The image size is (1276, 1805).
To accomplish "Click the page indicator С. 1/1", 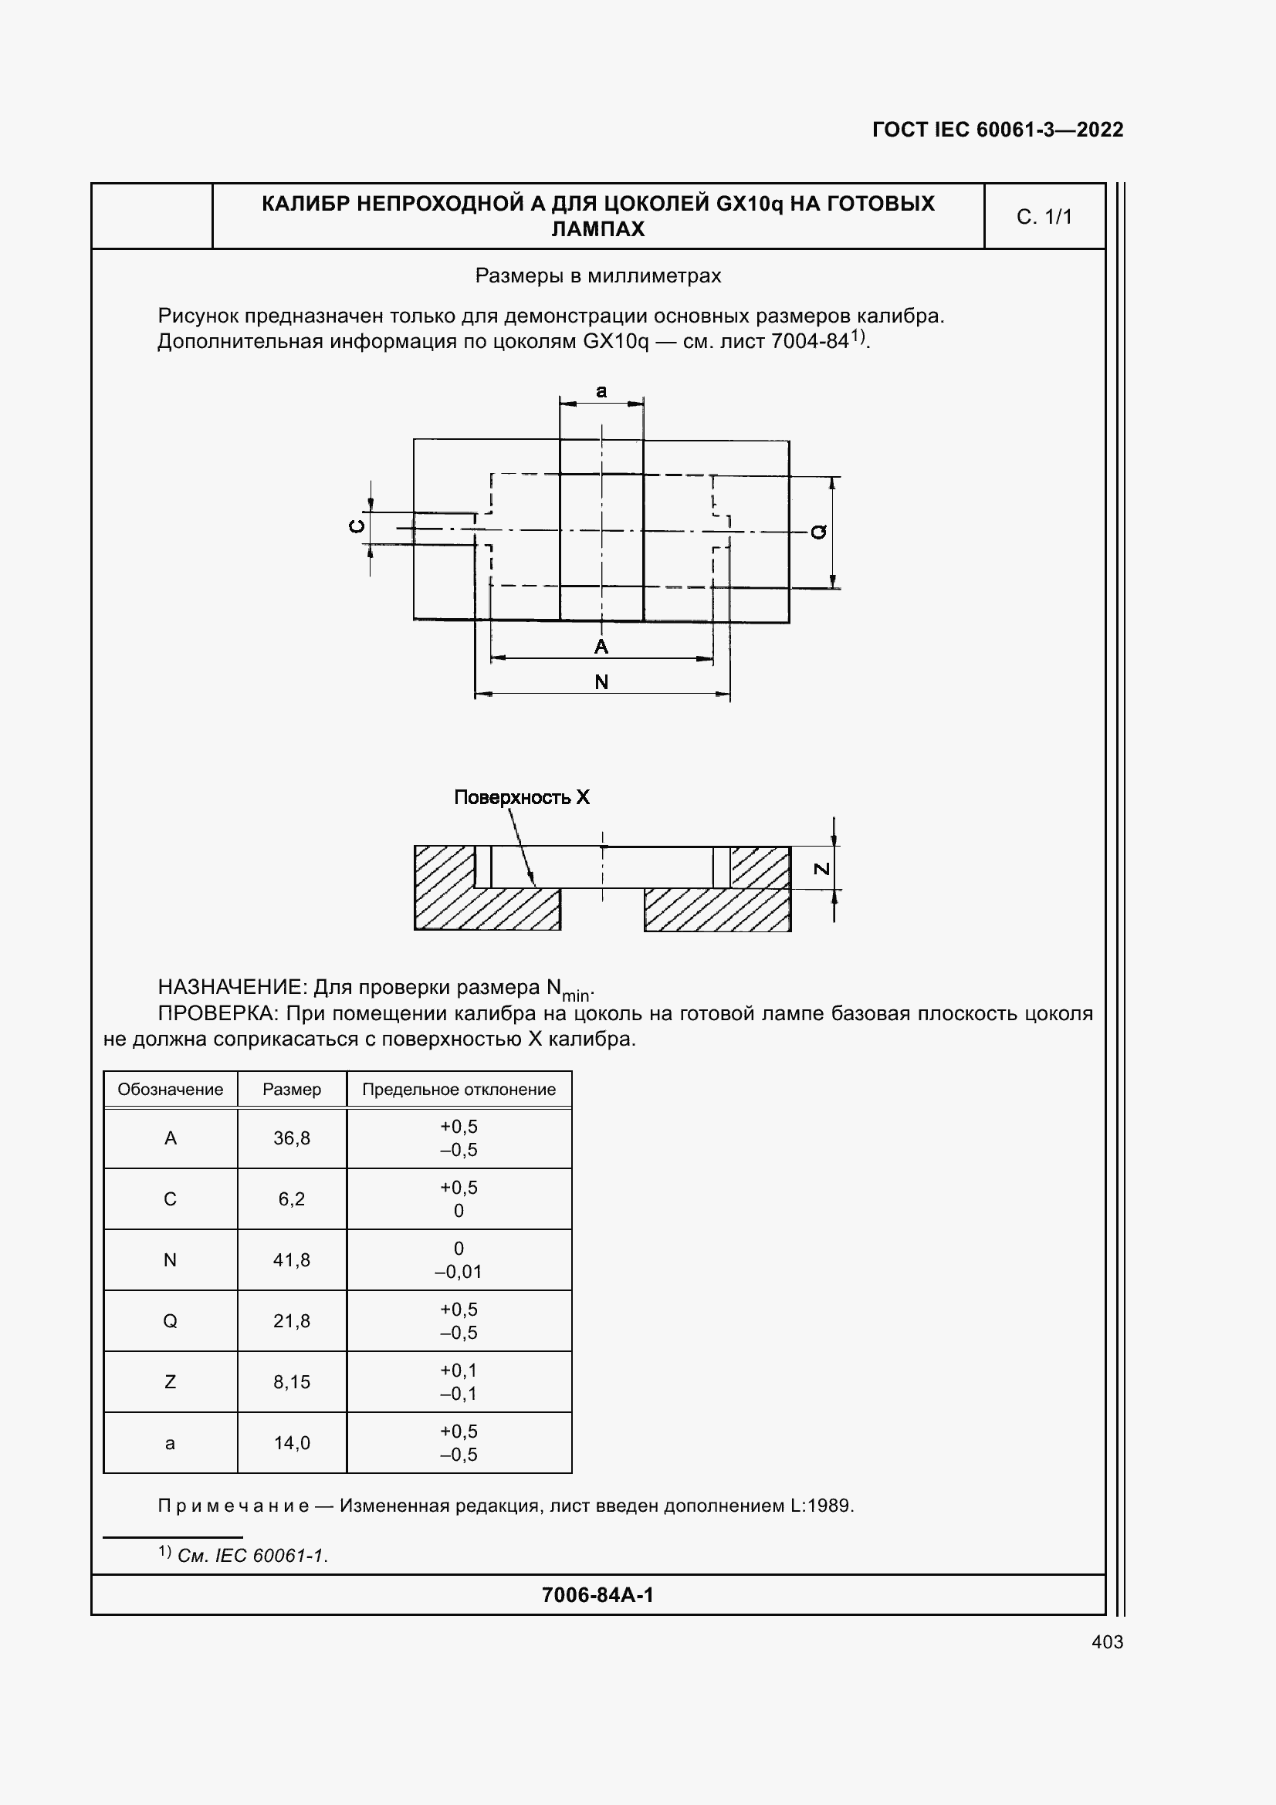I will (1044, 217).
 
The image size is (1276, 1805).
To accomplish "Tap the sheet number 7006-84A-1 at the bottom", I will (597, 1594).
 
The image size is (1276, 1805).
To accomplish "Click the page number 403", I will (1107, 1641).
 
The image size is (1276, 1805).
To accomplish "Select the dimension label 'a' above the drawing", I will (601, 391).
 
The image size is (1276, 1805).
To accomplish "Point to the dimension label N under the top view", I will (601, 681).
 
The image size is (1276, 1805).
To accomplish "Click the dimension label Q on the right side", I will (818, 532).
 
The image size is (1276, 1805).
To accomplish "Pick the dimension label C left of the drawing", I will (357, 526).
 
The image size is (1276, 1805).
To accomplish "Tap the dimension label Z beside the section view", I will (821, 869).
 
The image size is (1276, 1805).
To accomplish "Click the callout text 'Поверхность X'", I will (521, 797).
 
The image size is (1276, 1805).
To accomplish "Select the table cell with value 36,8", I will (292, 1138).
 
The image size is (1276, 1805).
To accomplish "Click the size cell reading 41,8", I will (292, 1260).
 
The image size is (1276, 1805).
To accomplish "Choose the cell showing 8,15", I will (292, 1382).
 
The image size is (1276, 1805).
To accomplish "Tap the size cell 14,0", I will (292, 1442).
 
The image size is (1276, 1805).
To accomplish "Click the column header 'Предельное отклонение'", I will (459, 1090).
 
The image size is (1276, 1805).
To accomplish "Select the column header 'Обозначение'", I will (170, 1090).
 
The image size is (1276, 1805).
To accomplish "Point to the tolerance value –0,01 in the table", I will (459, 1272).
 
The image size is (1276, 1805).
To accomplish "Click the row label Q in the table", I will (170, 1320).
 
